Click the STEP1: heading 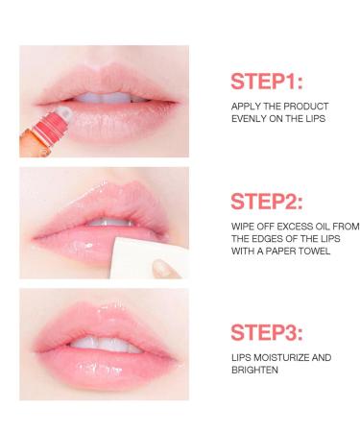point(266,81)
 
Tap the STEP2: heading point(267,202)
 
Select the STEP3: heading point(267,332)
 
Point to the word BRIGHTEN point(254,370)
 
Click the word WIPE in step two point(243,227)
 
